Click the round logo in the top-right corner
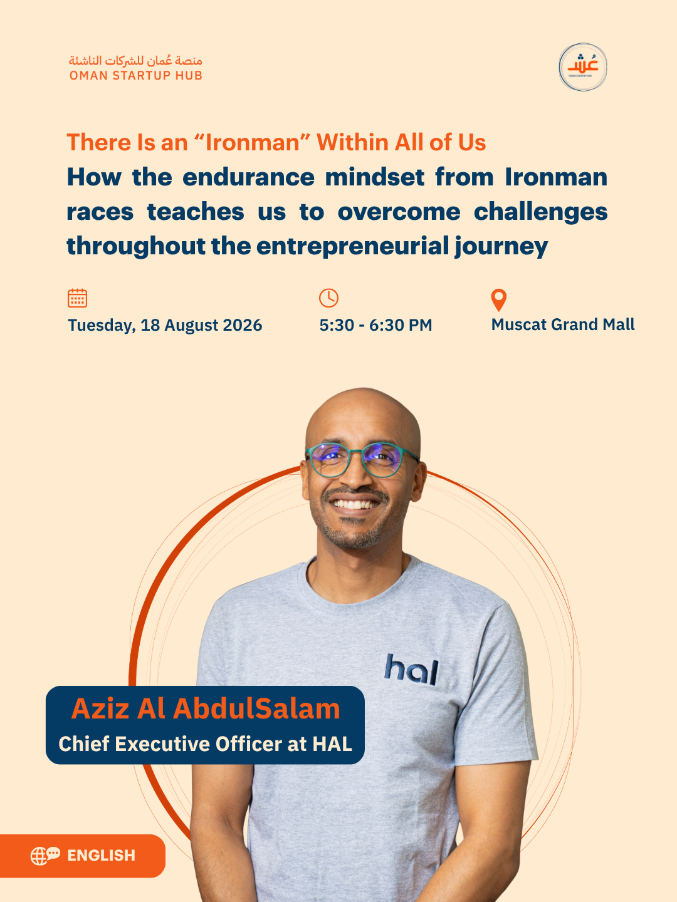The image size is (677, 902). (582, 67)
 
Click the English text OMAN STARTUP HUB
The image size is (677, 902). (135, 76)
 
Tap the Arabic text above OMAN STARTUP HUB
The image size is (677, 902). (135, 60)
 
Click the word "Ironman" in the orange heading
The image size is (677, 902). (258, 142)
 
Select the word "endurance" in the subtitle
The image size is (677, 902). (248, 177)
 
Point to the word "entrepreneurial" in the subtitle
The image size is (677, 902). (353, 246)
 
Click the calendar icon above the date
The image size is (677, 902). (77, 298)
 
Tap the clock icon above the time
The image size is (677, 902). (329, 298)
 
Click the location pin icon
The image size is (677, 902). (498, 300)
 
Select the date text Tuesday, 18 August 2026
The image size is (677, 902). (165, 325)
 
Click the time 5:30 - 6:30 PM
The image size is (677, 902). (375, 325)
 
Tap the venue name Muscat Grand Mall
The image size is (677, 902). (563, 324)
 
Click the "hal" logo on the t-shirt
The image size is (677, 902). (412, 670)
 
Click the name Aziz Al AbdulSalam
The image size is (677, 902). (206, 709)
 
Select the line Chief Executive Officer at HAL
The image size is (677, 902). (205, 744)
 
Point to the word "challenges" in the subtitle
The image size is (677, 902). (540, 212)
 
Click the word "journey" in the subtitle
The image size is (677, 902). (501, 247)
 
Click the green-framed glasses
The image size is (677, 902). (362, 460)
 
